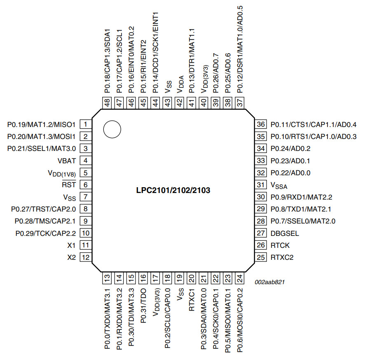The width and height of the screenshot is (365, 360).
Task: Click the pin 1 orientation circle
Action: (112, 129)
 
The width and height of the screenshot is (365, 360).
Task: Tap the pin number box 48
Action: (108, 103)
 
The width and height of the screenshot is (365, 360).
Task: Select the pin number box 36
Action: (260, 125)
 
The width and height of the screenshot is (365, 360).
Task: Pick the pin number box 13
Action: (108, 279)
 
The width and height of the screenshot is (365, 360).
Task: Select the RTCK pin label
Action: (280, 245)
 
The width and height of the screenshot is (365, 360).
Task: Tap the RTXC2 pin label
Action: (282, 258)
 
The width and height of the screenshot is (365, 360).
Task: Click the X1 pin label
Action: (72, 245)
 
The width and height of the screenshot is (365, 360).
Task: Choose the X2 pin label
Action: (72, 258)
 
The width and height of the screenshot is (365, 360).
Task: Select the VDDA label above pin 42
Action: (180, 84)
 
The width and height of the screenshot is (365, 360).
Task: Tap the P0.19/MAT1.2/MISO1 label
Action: (41, 124)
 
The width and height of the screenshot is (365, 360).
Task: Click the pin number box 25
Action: (260, 258)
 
